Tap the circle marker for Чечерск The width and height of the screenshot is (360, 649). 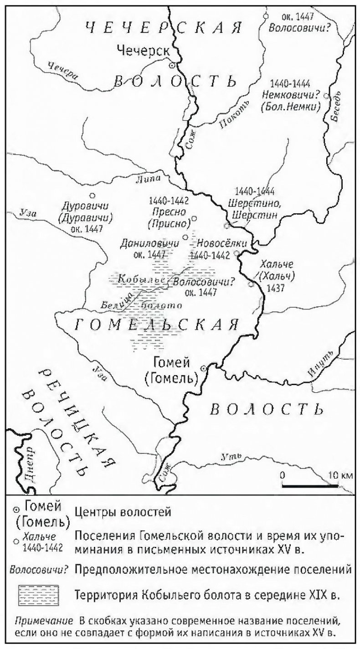[172, 66]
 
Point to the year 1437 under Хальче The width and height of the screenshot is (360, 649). [273, 289]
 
